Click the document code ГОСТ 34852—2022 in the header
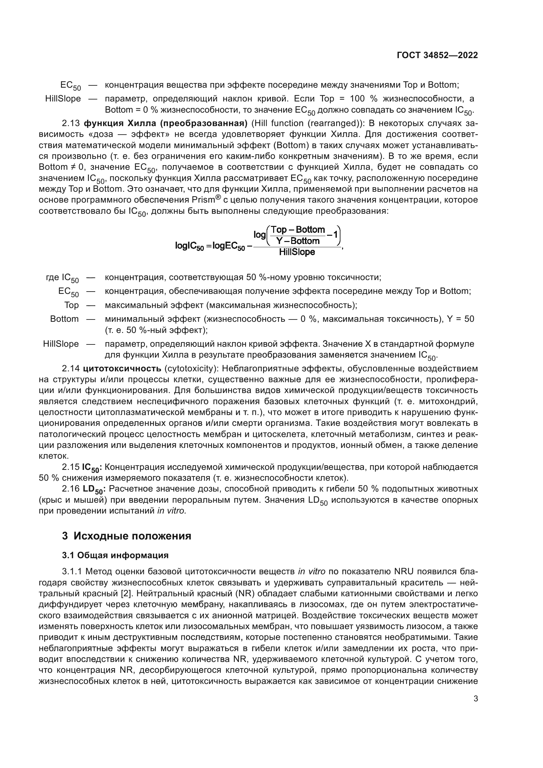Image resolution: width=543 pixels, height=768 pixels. (x=437, y=55)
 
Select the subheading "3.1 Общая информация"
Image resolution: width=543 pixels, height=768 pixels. (x=115, y=555)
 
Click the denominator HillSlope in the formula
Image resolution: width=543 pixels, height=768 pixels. (x=297, y=252)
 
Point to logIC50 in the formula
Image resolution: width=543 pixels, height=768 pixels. (x=189, y=246)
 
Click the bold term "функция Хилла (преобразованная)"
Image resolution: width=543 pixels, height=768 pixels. (x=165, y=123)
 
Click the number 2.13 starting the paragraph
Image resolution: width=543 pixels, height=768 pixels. (x=71, y=123)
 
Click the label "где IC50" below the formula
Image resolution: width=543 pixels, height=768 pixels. (x=62, y=278)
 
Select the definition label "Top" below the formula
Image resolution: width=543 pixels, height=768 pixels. (x=72, y=305)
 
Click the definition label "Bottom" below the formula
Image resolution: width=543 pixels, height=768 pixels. (x=64, y=319)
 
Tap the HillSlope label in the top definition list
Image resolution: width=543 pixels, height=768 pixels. (x=63, y=99)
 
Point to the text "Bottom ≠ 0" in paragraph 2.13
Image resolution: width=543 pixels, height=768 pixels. (x=62, y=167)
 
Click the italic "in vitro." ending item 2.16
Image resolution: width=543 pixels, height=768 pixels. (x=171, y=511)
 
